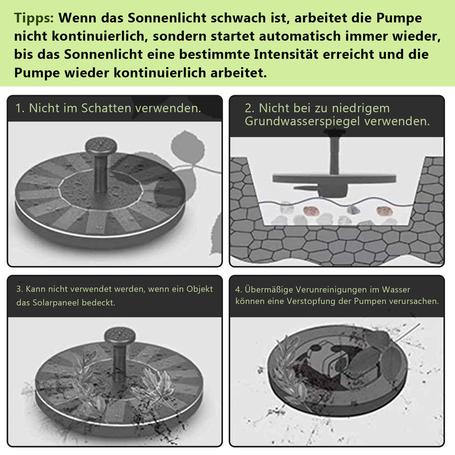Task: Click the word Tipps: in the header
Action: (x=34, y=19)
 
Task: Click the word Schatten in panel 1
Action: (x=106, y=108)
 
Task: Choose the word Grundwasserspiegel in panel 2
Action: (x=303, y=121)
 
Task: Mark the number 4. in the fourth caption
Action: (x=238, y=289)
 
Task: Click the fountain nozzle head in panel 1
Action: (x=101, y=146)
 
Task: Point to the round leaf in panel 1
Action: (x=188, y=147)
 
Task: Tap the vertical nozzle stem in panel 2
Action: (x=334, y=155)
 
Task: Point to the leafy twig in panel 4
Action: (x=289, y=366)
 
